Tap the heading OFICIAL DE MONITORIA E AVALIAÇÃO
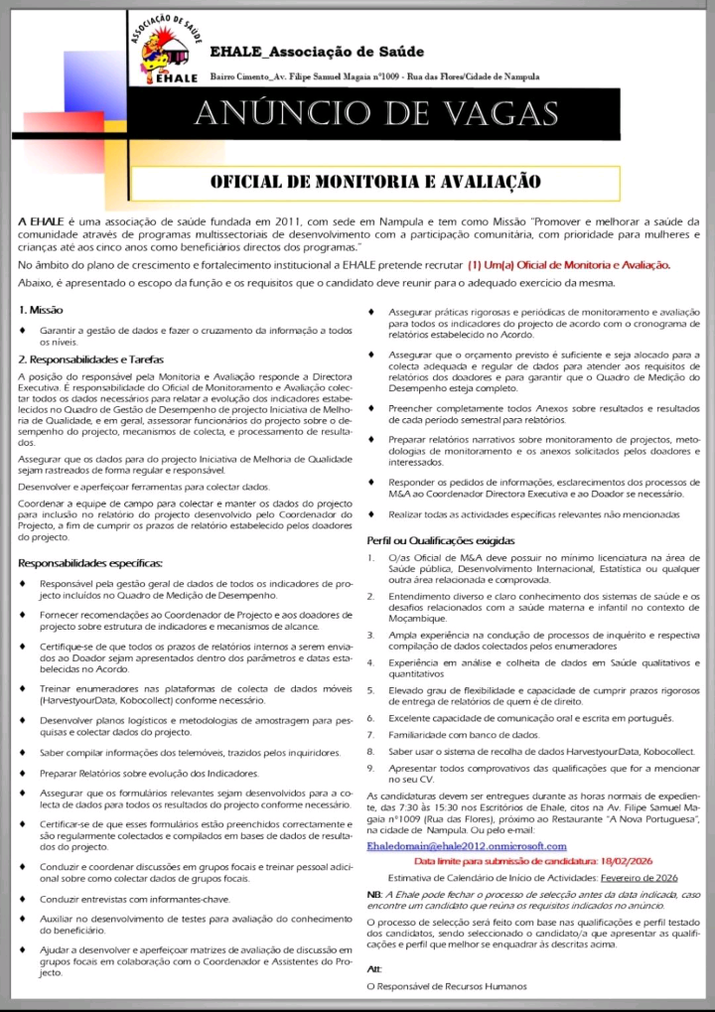click(375, 182)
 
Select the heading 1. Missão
click(41, 311)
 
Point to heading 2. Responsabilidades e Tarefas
click(90, 359)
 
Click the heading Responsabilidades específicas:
click(90, 563)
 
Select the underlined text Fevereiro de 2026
click(640, 878)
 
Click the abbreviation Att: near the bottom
click(374, 968)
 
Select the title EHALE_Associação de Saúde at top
click(317, 51)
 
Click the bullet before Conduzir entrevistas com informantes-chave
click(23, 899)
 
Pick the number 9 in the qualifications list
click(370, 768)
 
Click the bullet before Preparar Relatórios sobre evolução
click(23, 773)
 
